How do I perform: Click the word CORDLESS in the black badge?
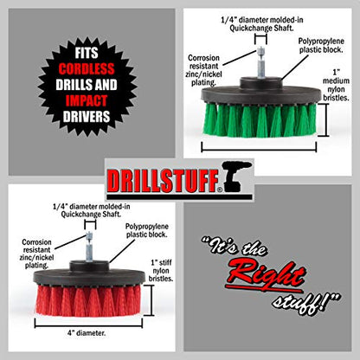click(x=87, y=68)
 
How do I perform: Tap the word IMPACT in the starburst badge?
click(x=87, y=100)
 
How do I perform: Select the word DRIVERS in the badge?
click(x=87, y=117)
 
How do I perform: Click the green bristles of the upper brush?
click(x=260, y=119)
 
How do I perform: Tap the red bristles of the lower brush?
click(x=88, y=300)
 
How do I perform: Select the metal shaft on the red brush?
click(x=89, y=247)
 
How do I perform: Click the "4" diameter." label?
click(x=87, y=333)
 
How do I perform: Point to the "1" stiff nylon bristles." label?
click(x=161, y=271)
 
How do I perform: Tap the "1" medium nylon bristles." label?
click(x=336, y=85)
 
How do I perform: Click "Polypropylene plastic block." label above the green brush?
click(x=321, y=45)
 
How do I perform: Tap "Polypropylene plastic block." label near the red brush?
click(x=147, y=230)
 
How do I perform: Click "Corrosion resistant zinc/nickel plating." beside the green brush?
click(x=203, y=70)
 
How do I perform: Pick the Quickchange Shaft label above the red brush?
click(x=91, y=210)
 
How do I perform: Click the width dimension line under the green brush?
click(x=259, y=150)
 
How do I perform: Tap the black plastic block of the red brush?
click(x=89, y=275)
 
